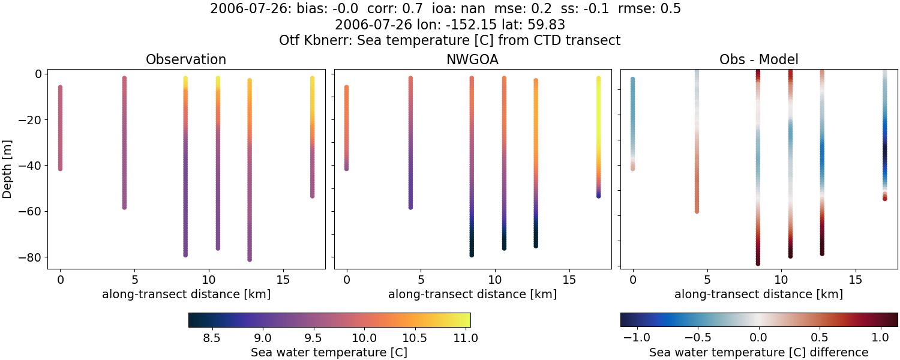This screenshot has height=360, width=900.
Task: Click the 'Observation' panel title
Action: point(186,60)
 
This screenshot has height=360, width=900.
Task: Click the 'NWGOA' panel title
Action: point(472,60)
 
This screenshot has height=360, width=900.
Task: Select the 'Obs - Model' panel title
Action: point(758,60)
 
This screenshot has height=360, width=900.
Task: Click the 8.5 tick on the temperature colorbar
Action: point(211,338)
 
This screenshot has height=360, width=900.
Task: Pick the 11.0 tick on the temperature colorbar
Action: point(466,338)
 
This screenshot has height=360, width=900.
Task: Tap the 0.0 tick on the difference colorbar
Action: point(759,338)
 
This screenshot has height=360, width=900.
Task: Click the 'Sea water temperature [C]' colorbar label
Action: point(329,352)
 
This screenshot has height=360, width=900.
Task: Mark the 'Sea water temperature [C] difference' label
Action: point(758,352)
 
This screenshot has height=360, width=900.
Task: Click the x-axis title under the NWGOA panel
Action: point(472,295)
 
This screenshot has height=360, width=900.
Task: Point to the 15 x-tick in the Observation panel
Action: point(283,280)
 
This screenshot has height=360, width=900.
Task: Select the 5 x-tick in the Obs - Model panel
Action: point(707,280)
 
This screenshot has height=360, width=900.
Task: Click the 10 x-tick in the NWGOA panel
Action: point(494,280)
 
